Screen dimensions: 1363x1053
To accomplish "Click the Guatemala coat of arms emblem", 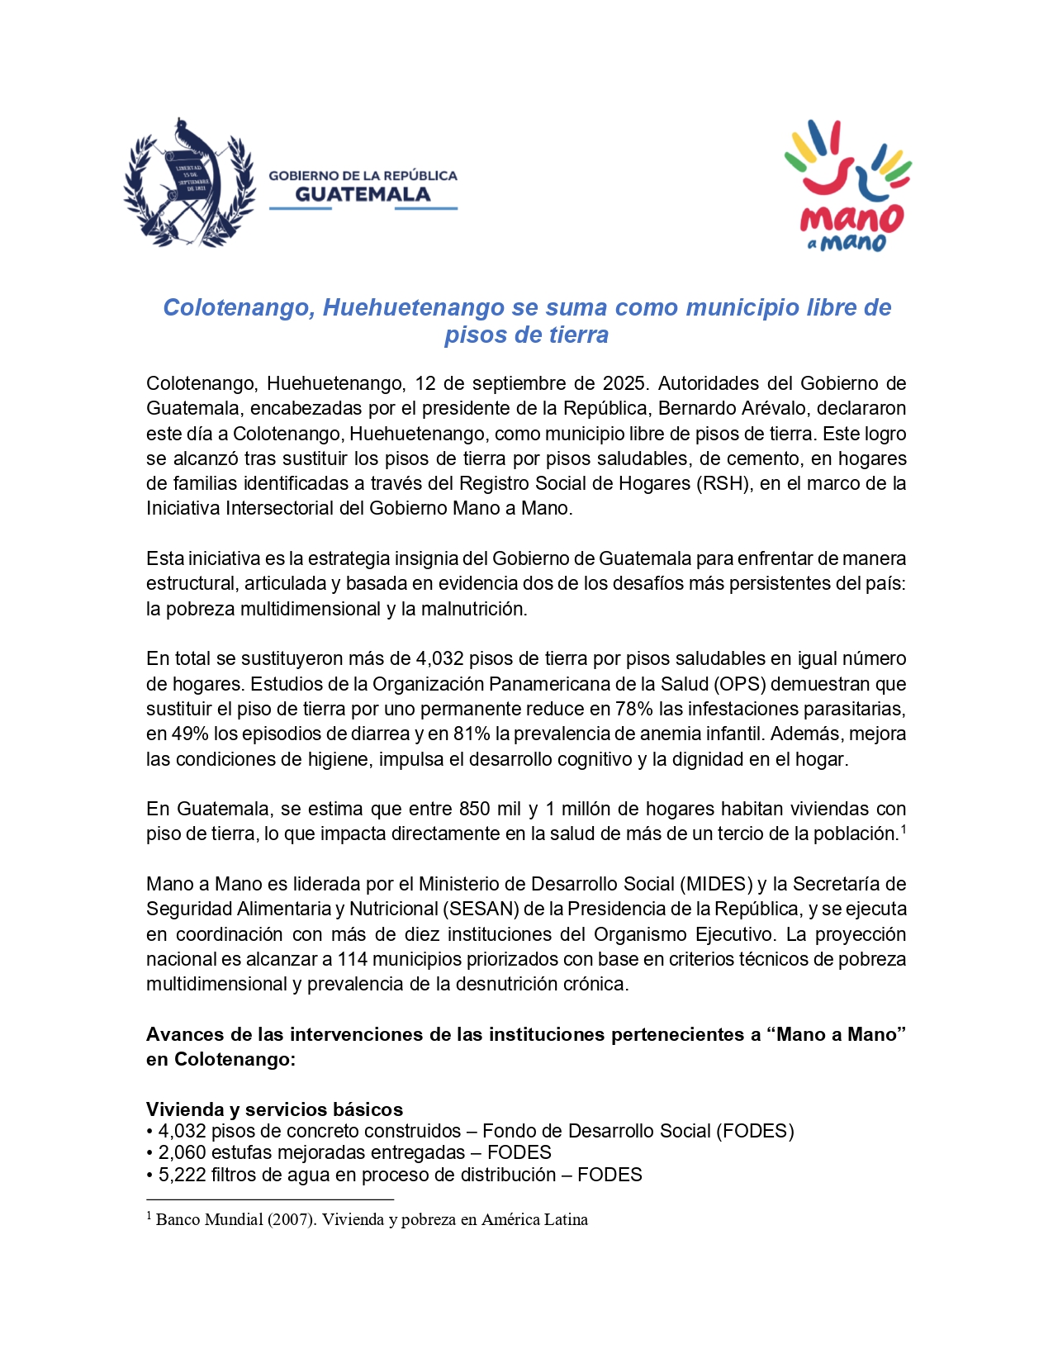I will (x=188, y=183).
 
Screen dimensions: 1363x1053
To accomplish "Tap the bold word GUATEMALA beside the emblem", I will (x=363, y=195).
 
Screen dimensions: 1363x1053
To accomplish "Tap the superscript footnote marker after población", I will (x=904, y=829).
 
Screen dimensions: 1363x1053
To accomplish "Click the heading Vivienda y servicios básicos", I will (x=274, y=1109).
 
